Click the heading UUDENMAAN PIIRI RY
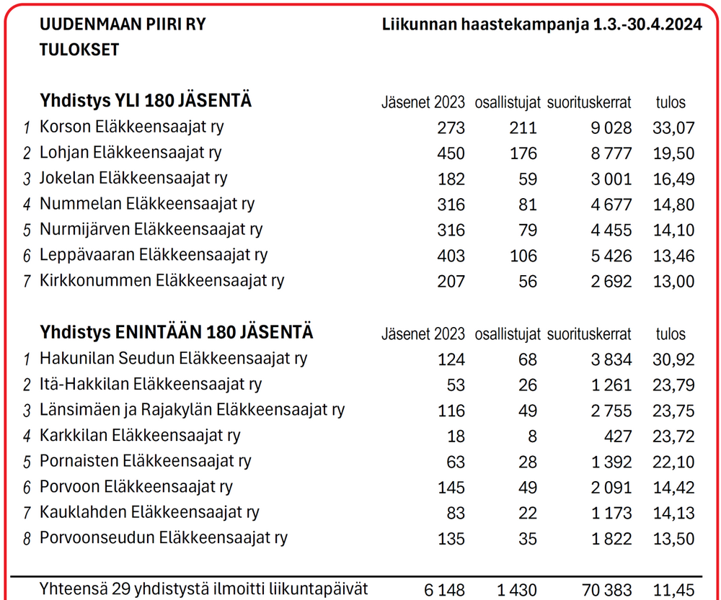(x=123, y=24)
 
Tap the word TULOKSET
(x=79, y=50)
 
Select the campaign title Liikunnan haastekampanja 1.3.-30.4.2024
(x=542, y=24)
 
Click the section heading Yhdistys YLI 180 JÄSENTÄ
(x=146, y=101)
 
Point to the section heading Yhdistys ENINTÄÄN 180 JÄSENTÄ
(x=177, y=333)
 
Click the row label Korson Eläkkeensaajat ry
(x=131, y=127)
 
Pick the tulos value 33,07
(x=673, y=128)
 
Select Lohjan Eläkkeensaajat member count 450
(x=451, y=153)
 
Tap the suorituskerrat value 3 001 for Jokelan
(x=611, y=179)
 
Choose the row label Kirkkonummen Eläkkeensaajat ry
(x=162, y=281)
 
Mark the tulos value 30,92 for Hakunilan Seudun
(x=673, y=359)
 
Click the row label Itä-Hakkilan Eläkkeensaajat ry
(x=151, y=385)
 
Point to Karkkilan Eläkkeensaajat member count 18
(x=456, y=436)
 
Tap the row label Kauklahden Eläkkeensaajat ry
(x=149, y=513)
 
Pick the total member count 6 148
(x=445, y=591)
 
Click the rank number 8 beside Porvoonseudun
(x=27, y=539)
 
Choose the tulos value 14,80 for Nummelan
(x=673, y=205)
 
